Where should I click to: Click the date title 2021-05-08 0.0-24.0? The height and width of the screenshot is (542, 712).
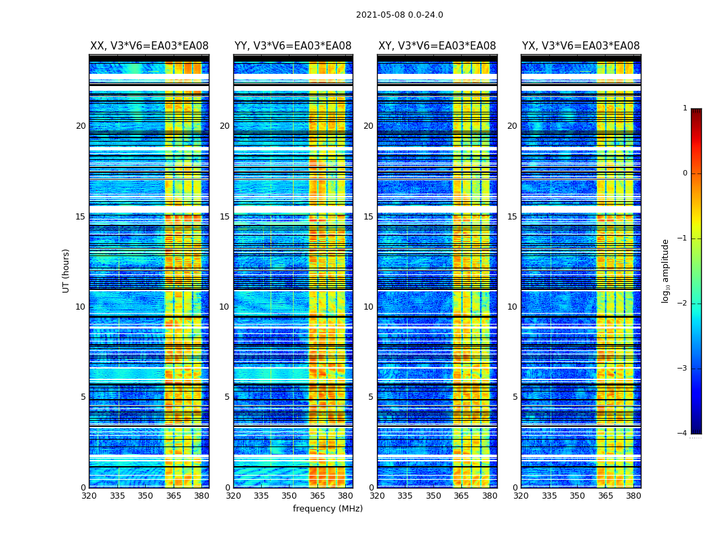399,15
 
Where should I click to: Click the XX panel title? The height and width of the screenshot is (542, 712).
149,46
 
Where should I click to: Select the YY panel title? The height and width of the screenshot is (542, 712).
293,46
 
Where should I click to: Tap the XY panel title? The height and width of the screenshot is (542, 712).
437,46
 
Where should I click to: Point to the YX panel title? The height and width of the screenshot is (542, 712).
580,46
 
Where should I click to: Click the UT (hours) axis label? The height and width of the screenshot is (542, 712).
66,270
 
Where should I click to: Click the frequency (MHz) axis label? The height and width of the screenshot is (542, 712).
328,509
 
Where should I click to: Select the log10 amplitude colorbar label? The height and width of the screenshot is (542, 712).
666,270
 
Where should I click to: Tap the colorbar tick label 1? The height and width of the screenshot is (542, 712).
685,108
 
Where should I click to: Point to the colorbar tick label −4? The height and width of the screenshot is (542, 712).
683,434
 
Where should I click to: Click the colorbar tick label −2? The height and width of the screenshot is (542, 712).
683,304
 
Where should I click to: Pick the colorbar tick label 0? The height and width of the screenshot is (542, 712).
685,173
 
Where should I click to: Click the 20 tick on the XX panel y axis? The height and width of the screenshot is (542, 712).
81,126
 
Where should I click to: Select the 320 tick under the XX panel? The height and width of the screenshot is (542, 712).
89,496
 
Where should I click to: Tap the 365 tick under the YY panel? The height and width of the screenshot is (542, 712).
317,496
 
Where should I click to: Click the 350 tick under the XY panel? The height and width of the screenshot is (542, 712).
433,496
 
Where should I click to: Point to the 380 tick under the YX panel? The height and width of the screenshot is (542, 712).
633,496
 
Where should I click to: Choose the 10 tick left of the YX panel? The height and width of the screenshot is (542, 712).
513,307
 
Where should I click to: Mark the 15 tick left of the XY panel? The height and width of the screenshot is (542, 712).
369,217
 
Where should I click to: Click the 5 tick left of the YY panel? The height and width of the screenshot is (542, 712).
227,397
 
